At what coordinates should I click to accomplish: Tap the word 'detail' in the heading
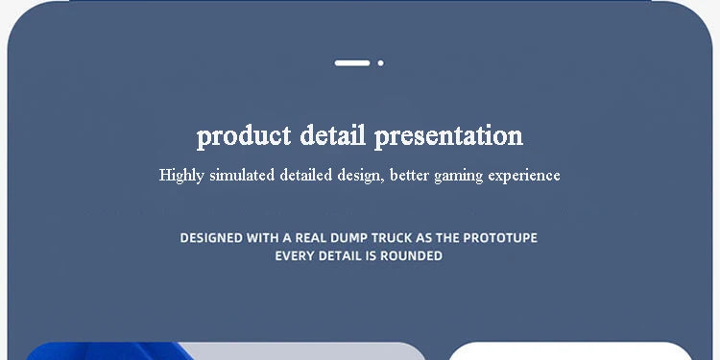pyautogui.click(x=333, y=135)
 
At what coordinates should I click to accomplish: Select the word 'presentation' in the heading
pyautogui.click(x=449, y=136)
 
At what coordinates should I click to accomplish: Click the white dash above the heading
pyautogui.click(x=352, y=63)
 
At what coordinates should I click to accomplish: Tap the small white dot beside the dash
pyautogui.click(x=381, y=63)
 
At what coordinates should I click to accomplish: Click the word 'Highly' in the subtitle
pyautogui.click(x=180, y=176)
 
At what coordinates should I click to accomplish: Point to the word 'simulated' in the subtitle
pyautogui.click(x=242, y=176)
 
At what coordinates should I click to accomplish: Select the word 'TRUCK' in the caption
pyautogui.click(x=416, y=237)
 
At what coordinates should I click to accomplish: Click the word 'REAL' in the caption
pyautogui.click(x=324, y=237)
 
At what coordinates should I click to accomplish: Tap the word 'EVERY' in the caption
pyautogui.click(x=296, y=256)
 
